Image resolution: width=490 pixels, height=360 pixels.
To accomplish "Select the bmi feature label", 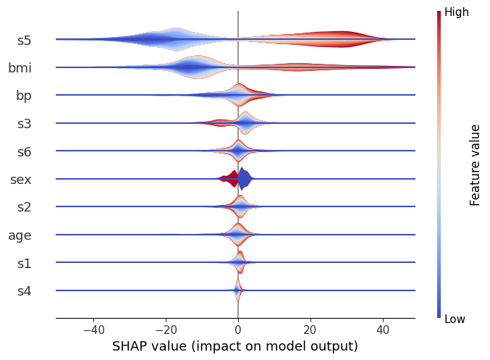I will pyautogui.click(x=20, y=68).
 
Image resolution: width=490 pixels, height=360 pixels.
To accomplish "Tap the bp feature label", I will pyautogui.click(x=23, y=96).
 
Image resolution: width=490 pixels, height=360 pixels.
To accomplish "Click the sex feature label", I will pyautogui.click(x=20, y=180).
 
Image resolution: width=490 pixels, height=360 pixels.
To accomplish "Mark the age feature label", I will pyautogui.click(x=20, y=235).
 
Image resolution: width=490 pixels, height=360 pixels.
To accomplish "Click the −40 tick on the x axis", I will pyautogui.click(x=93, y=330).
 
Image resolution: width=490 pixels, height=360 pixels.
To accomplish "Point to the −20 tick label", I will pyautogui.click(x=166, y=330).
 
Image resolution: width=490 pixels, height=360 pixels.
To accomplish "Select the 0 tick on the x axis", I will pyautogui.click(x=238, y=330).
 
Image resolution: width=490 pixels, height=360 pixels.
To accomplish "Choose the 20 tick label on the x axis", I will pyautogui.click(x=311, y=330).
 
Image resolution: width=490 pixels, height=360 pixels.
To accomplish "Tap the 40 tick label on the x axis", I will pyautogui.click(x=383, y=330).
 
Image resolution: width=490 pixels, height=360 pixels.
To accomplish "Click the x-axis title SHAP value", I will pyautogui.click(x=235, y=346).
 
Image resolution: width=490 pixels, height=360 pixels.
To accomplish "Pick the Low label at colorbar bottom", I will pyautogui.click(x=455, y=319).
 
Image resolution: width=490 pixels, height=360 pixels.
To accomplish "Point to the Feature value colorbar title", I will pyautogui.click(x=476, y=165).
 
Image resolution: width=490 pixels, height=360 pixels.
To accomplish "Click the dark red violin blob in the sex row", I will pyautogui.click(x=231, y=178).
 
